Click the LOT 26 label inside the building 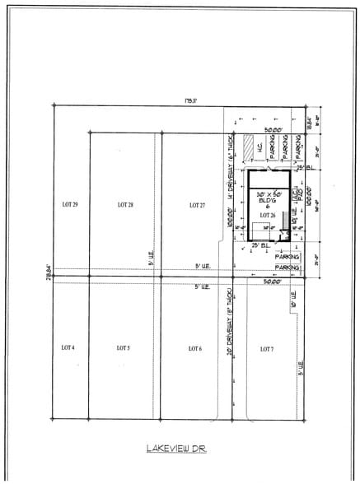(266, 214)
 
